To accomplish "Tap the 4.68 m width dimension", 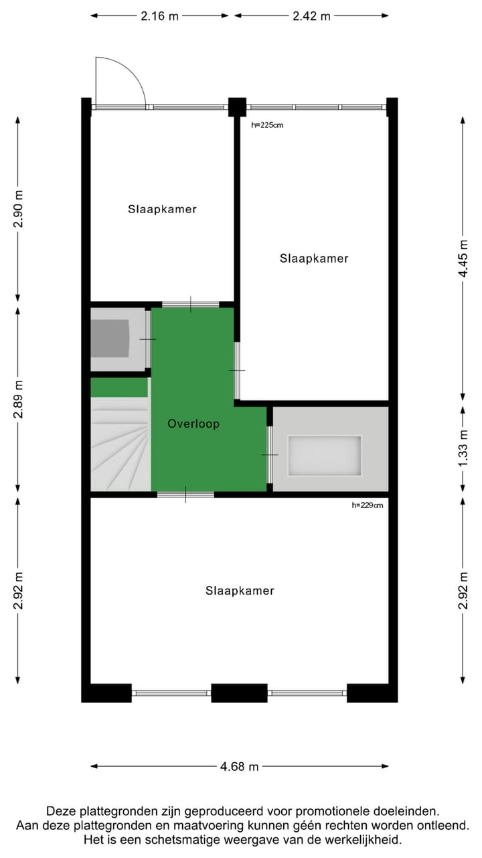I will click(240, 767).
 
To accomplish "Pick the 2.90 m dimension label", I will click(18, 209).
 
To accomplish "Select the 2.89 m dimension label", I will click(18, 400).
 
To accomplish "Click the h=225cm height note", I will click(267, 125).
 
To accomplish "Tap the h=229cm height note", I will click(368, 505).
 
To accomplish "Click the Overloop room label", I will click(193, 424).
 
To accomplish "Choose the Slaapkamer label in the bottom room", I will click(240, 591).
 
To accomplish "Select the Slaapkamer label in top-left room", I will click(162, 208).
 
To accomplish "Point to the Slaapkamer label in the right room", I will click(314, 258).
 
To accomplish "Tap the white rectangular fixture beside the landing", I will click(325, 456).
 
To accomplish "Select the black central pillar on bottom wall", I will click(239, 692).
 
